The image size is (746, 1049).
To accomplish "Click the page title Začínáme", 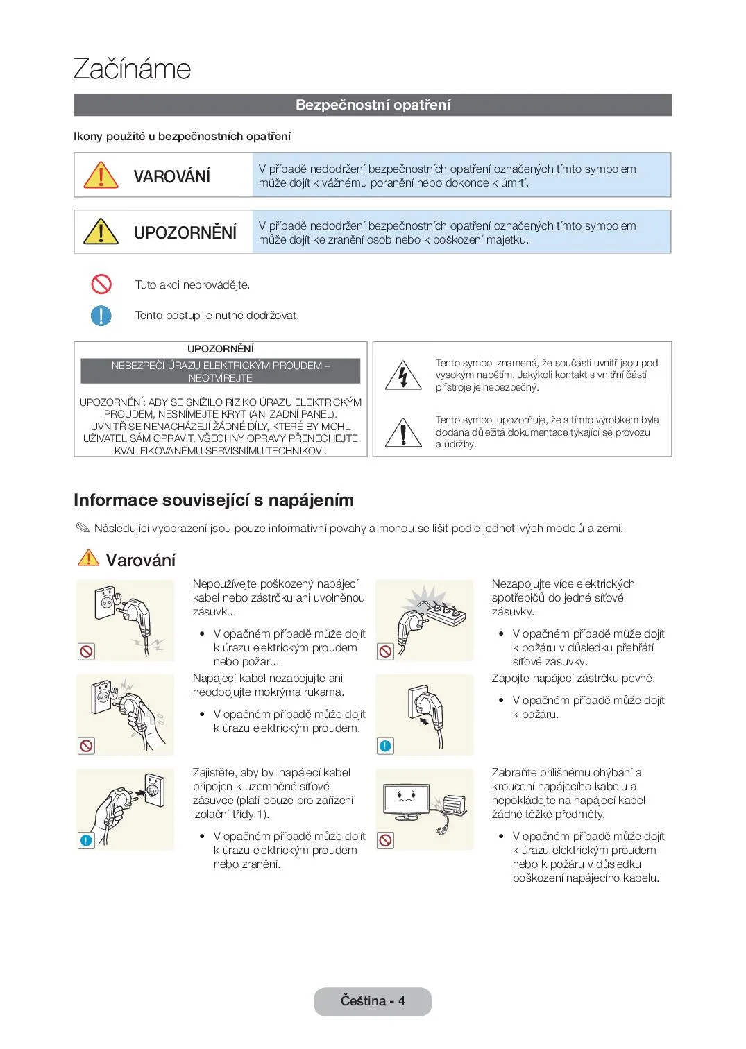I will point(132,69).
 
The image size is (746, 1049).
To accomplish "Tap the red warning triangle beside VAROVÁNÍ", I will point(101,176).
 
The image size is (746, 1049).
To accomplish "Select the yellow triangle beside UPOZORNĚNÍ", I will point(101,232).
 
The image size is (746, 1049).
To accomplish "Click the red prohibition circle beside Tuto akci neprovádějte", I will point(101,284).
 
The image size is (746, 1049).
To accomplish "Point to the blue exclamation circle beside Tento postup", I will point(101,316).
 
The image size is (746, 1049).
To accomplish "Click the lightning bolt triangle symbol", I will point(403,376).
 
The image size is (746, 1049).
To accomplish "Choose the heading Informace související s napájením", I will point(214,500).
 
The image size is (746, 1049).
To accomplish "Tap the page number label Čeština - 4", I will point(373,1001).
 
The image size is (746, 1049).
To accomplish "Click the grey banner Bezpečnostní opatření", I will point(373,105).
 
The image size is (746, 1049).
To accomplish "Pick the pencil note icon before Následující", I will point(83,529).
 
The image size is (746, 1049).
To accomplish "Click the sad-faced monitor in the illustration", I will point(407,798).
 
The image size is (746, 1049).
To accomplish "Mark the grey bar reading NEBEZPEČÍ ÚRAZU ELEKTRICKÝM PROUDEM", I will point(221,371).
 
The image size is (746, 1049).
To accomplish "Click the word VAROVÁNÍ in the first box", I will point(171,176).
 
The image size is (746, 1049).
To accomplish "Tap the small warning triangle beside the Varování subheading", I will point(88,558).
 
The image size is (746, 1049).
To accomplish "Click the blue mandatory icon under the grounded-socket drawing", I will point(86,840).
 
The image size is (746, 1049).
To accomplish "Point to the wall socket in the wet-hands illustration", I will point(102,697).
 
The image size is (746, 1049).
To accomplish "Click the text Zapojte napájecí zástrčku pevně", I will point(573,679).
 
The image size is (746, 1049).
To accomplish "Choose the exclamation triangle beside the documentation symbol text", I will point(403,433).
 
